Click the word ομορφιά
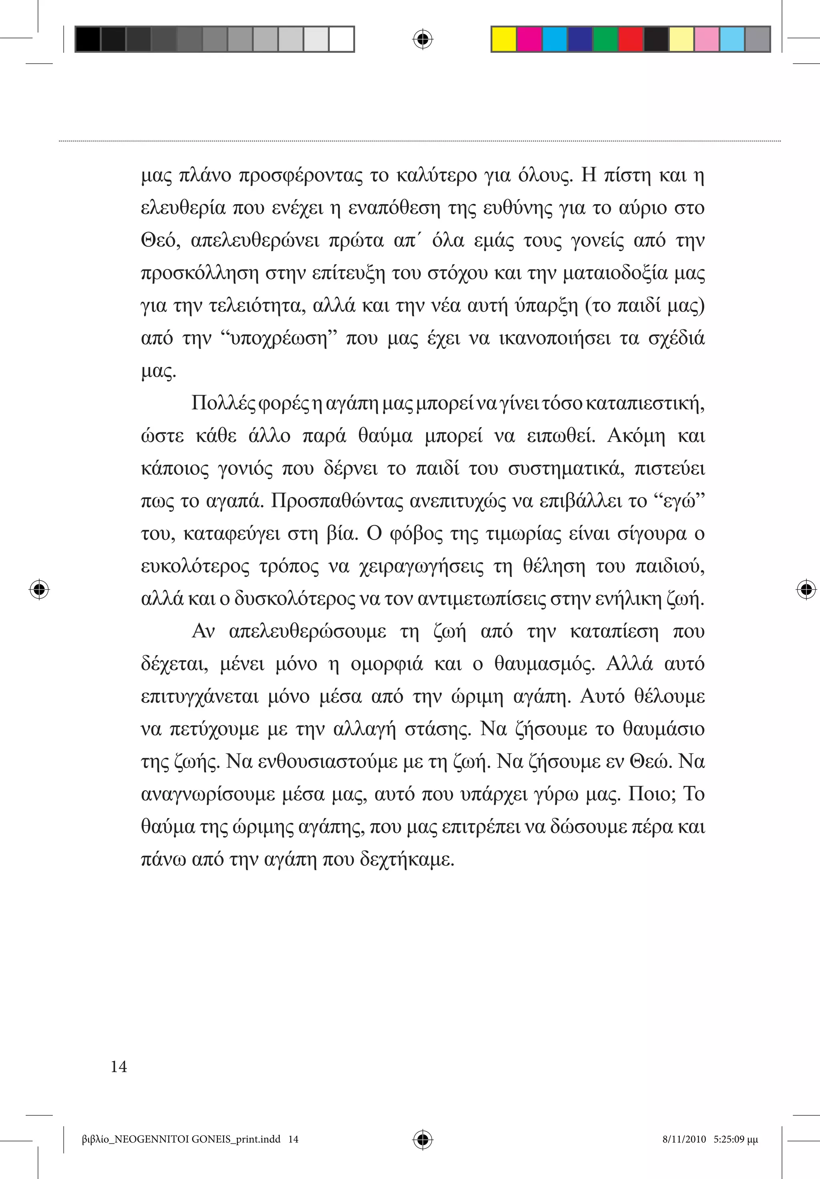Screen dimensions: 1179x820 click(387, 664)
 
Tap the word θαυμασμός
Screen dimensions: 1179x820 click(544, 664)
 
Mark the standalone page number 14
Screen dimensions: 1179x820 click(119, 1067)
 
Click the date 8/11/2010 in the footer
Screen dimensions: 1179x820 click(684, 1139)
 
